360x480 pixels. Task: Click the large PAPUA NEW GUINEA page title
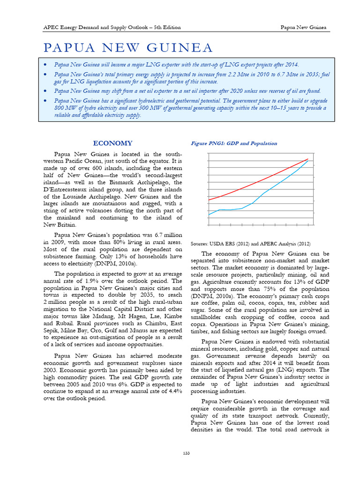pos(128,47)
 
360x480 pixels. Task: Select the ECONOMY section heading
pos(112,143)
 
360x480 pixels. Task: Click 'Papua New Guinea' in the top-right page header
pos(303,27)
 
